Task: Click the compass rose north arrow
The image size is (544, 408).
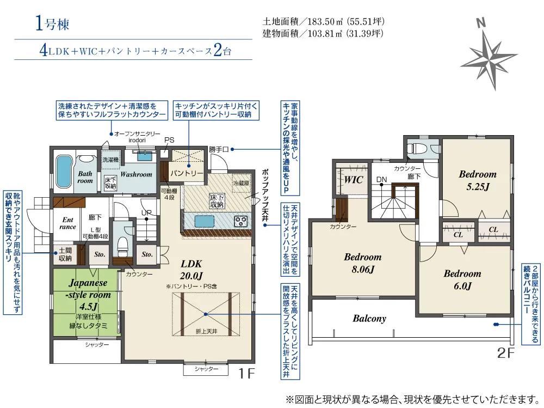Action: pos(489,55)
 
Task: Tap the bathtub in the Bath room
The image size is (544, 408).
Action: pos(64,172)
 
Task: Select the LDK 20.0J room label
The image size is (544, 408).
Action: pos(191,270)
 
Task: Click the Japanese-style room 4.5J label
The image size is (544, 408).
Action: pos(88,294)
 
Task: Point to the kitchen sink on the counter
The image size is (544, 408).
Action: pos(204,221)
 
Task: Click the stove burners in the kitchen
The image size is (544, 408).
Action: pos(241,221)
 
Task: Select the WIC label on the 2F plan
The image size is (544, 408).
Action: pos(354,180)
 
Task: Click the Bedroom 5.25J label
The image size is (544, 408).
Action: pos(478,180)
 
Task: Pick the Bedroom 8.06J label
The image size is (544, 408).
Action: pos(363,263)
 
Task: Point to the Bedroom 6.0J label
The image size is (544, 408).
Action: pos(462,280)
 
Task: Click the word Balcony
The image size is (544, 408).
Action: pos(369,318)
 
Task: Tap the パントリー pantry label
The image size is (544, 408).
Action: pos(187,173)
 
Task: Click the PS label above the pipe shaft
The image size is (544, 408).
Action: pos(169,140)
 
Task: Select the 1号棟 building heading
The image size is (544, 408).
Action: pos(52,24)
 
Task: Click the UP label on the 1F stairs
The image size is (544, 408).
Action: pos(146,212)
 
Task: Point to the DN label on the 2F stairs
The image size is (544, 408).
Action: pos(382,180)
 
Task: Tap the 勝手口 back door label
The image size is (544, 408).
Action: pos(219,149)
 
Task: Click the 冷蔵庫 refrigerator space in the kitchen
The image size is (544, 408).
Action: pos(241,183)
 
